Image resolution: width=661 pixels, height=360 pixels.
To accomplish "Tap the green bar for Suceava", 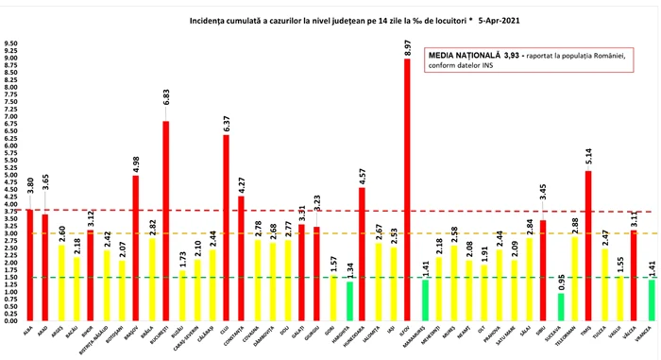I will (x=561, y=307).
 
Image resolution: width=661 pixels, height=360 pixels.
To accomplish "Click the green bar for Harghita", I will (x=347, y=301).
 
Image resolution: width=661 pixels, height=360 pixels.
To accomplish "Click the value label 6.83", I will (x=166, y=107).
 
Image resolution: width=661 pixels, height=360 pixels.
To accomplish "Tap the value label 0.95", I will (x=561, y=280).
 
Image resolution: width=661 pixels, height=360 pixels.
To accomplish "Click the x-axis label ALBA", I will (x=30, y=329).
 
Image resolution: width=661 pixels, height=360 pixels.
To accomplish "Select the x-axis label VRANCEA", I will (x=651, y=334).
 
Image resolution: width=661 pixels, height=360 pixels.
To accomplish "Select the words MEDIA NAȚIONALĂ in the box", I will (x=470, y=57).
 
